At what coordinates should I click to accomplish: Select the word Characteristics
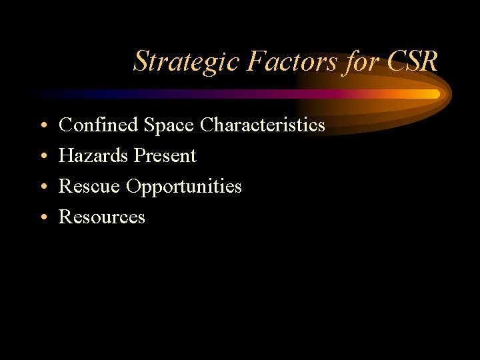coord(263,125)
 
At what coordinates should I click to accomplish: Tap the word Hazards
coord(94,155)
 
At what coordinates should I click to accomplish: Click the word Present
coord(165,155)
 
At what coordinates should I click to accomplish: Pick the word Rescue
coord(90,186)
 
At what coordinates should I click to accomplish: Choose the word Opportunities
coord(184,187)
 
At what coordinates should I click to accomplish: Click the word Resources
coord(102,217)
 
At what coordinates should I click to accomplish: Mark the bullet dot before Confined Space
coord(42,125)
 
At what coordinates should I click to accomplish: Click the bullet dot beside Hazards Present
coord(42,156)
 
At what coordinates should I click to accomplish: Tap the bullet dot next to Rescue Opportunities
coord(42,187)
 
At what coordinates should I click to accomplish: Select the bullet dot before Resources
coord(42,217)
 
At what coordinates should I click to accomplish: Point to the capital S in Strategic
coord(141,62)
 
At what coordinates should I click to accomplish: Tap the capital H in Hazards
coord(66,155)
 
